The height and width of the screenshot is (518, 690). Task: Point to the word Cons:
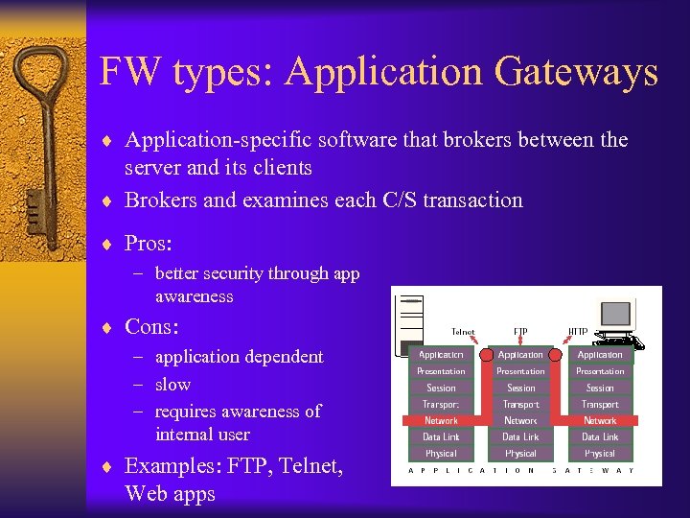click(151, 326)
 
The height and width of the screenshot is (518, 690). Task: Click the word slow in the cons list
click(172, 384)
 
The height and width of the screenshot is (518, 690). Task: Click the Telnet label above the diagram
click(463, 332)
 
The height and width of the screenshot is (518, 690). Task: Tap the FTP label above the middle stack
click(520, 332)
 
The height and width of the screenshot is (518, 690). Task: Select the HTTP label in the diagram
click(578, 332)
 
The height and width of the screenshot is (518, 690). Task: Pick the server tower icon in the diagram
click(409, 321)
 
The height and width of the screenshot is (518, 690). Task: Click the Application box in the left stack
click(441, 355)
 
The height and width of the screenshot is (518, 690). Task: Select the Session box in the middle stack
click(520, 388)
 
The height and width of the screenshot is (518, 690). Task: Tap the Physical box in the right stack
click(600, 453)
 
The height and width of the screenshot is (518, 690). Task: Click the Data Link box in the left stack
click(441, 436)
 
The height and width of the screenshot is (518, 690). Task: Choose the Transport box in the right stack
click(600, 404)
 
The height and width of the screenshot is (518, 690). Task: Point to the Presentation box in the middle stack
click(520, 371)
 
